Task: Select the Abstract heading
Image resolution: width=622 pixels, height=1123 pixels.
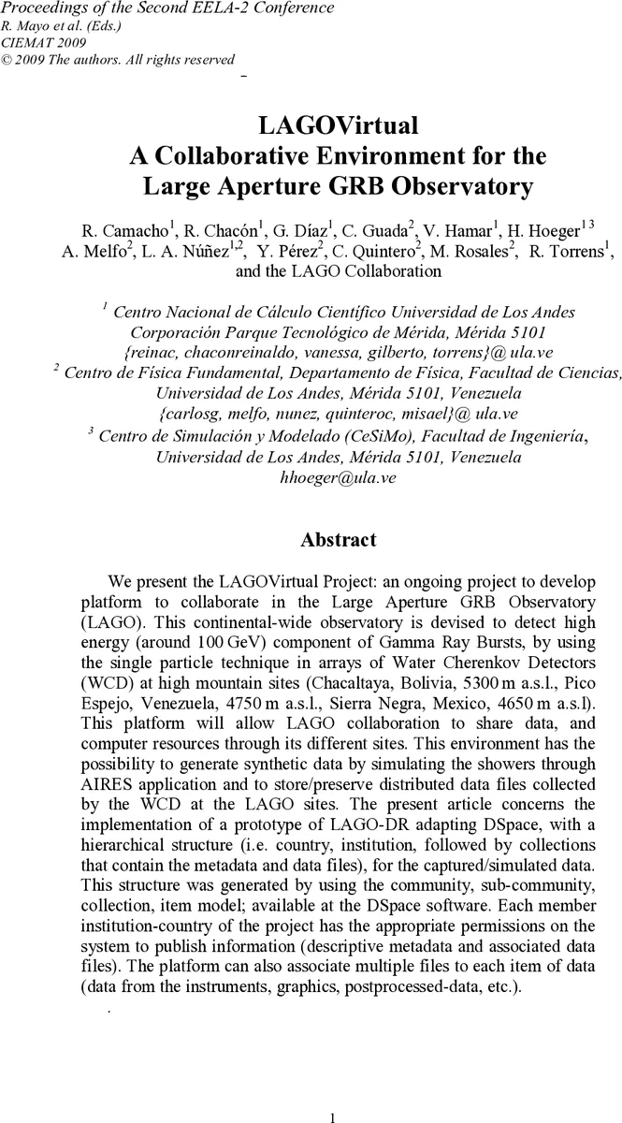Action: (338, 540)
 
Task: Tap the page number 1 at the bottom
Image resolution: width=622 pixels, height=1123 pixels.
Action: (333, 1116)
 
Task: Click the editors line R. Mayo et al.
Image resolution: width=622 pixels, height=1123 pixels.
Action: (58, 25)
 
